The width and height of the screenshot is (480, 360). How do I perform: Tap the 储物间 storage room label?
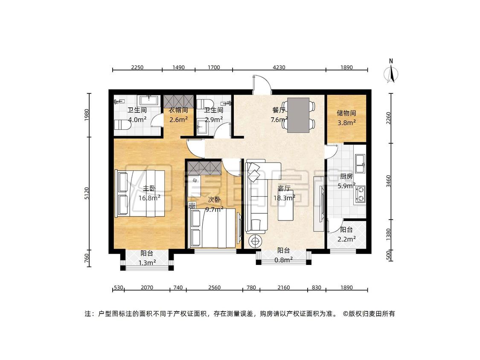point(346,113)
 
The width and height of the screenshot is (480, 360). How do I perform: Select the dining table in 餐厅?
point(298,115)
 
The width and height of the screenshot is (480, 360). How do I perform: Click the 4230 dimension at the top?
point(279,67)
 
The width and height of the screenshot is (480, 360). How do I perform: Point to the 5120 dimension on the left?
point(87,194)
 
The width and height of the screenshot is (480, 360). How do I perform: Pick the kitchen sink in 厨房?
point(360,164)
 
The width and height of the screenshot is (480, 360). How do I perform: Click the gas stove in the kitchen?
point(360,195)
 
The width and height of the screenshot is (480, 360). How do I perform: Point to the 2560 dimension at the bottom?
point(214,287)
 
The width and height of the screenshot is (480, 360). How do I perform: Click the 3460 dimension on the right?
point(388,181)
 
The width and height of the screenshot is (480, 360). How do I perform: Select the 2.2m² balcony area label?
point(346,239)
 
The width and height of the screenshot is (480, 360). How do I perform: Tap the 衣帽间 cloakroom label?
point(178,110)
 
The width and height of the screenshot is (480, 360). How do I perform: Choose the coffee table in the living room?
point(287,205)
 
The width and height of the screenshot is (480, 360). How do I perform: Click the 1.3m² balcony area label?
point(147,263)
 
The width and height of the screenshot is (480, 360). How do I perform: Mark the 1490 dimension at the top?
point(178,67)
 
